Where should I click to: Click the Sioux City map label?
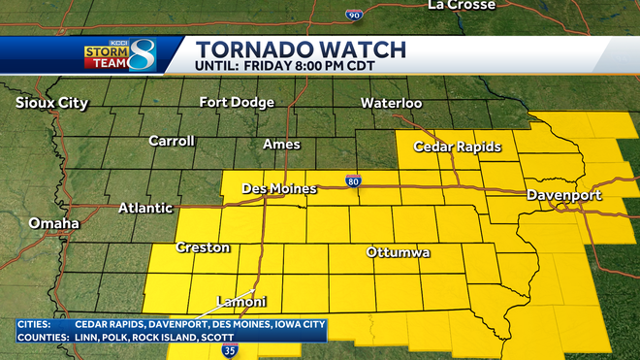pyautogui.click(x=52, y=103)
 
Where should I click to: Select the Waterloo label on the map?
pyautogui.click(x=391, y=103)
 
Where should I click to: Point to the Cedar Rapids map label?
pyautogui.click(x=458, y=147)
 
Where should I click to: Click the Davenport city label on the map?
pyautogui.click(x=564, y=196)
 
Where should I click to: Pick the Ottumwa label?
pyautogui.click(x=398, y=253)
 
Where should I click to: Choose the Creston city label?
pyautogui.click(x=203, y=248)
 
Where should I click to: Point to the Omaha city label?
pyautogui.click(x=54, y=224)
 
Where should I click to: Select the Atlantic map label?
pyautogui.click(x=145, y=208)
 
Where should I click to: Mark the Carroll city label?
pyautogui.click(x=172, y=142)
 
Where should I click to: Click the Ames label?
pyautogui.click(x=281, y=145)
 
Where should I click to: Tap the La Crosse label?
pyautogui.click(x=462, y=5)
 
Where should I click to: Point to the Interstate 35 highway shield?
pyautogui.click(x=229, y=349)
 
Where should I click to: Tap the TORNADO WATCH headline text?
pyautogui.click(x=301, y=49)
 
